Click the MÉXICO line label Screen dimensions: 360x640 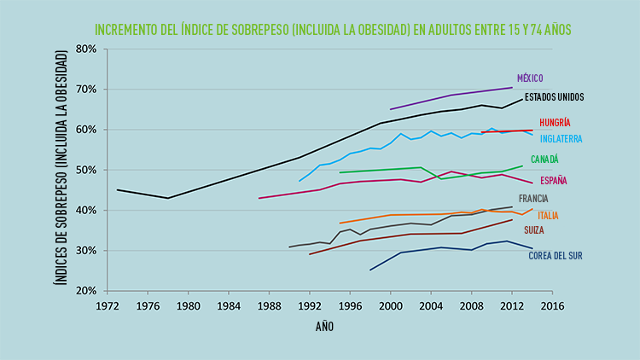point(531,78)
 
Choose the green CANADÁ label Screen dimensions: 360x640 point(544,160)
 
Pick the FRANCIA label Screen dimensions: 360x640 point(533,199)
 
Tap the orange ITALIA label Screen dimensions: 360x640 point(548,215)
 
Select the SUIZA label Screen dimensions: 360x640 point(534,230)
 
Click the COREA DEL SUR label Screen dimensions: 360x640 point(556,255)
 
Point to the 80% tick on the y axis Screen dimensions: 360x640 point(85,49)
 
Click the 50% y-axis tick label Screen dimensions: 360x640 point(85,170)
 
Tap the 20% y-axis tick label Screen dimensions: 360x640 point(85,291)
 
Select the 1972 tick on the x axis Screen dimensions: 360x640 point(107,305)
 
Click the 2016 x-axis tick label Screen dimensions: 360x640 point(552,305)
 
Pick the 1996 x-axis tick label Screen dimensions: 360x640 point(350,305)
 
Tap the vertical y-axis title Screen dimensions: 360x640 point(61,168)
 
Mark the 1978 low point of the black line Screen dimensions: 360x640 point(168,198)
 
